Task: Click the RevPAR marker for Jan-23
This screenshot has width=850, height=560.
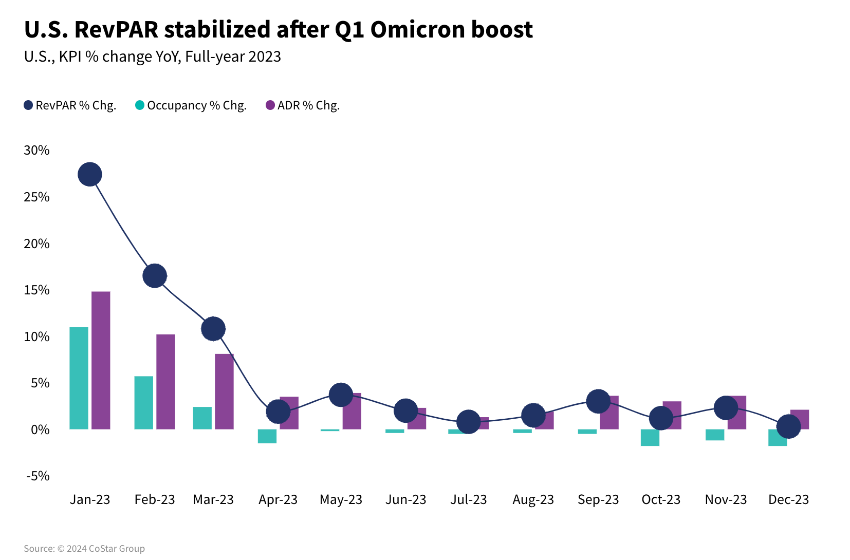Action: (x=90, y=175)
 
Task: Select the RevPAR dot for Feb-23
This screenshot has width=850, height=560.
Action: (x=155, y=276)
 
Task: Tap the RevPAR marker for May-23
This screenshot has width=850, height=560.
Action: (x=341, y=395)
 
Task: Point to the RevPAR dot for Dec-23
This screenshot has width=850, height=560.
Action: (x=788, y=426)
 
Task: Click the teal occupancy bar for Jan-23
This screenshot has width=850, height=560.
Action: (x=79, y=378)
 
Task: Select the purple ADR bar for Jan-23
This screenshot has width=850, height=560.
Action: (x=101, y=360)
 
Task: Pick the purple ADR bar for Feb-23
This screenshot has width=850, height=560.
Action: (x=165, y=382)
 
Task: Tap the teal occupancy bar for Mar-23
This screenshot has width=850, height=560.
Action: (x=202, y=418)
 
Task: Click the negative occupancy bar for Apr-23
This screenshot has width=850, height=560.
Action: (x=267, y=436)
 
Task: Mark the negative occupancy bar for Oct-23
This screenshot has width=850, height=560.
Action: (x=650, y=438)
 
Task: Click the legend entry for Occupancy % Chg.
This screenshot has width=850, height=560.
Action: (x=191, y=105)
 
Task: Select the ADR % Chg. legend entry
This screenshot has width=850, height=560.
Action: (x=303, y=105)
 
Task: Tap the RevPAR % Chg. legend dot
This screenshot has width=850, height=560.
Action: (x=29, y=105)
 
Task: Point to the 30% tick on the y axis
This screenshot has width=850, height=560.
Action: (x=37, y=150)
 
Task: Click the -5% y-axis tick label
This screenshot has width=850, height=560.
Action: (x=38, y=476)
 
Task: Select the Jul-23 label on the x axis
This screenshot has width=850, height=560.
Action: (x=468, y=499)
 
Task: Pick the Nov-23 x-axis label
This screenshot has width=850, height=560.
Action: (x=726, y=499)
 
